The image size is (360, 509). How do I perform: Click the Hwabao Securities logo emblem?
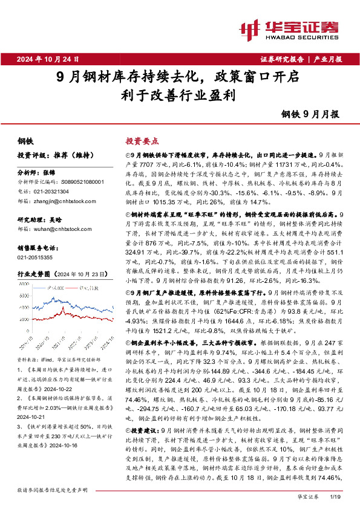pos(249,28)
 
